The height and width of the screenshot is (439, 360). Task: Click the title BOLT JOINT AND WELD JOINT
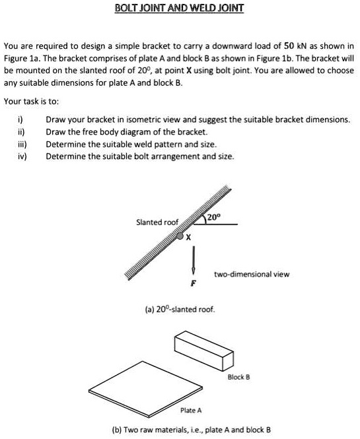pos(179,9)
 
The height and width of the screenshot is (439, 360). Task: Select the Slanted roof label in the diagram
pos(157,222)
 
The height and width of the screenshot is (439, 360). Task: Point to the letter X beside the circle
pos(189,238)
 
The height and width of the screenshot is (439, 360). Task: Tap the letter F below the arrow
pos(194,283)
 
